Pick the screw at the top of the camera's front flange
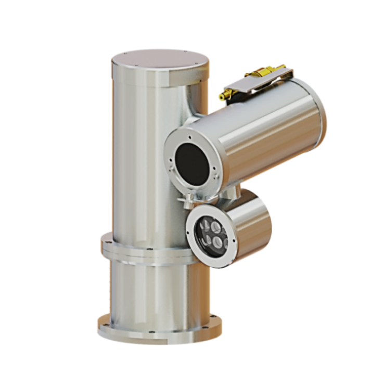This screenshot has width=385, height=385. [191, 137]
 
